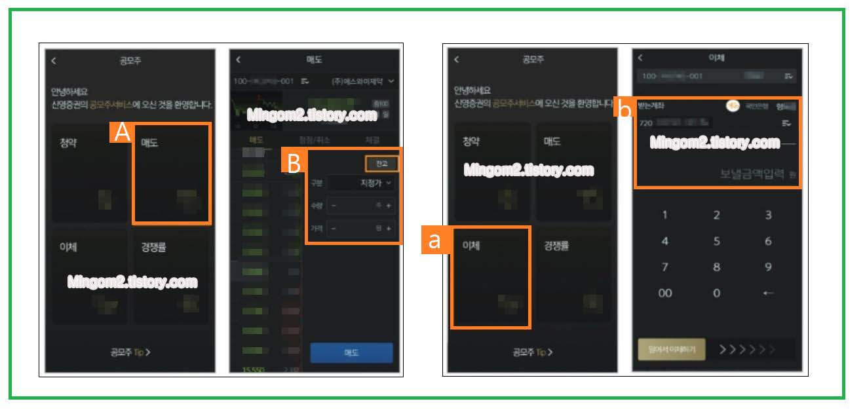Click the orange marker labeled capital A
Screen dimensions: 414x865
[x=121, y=133]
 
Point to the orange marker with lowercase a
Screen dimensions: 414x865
[x=434, y=240]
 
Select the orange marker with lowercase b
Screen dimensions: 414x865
[x=625, y=109]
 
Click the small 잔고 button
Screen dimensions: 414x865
[x=382, y=163]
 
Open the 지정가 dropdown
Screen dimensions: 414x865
[x=362, y=183]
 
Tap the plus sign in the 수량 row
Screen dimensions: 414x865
[x=389, y=206]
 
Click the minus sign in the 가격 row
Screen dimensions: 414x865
[x=333, y=229]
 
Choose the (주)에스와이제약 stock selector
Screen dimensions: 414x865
[x=363, y=81]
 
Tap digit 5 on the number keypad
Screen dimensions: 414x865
[x=716, y=241]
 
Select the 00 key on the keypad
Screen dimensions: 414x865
[x=665, y=293]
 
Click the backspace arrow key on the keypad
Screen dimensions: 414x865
[x=768, y=293]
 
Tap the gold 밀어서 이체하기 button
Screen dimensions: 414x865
[x=671, y=350]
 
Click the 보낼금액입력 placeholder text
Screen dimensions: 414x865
[x=752, y=174]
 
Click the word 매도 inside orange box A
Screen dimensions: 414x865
[x=149, y=142]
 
